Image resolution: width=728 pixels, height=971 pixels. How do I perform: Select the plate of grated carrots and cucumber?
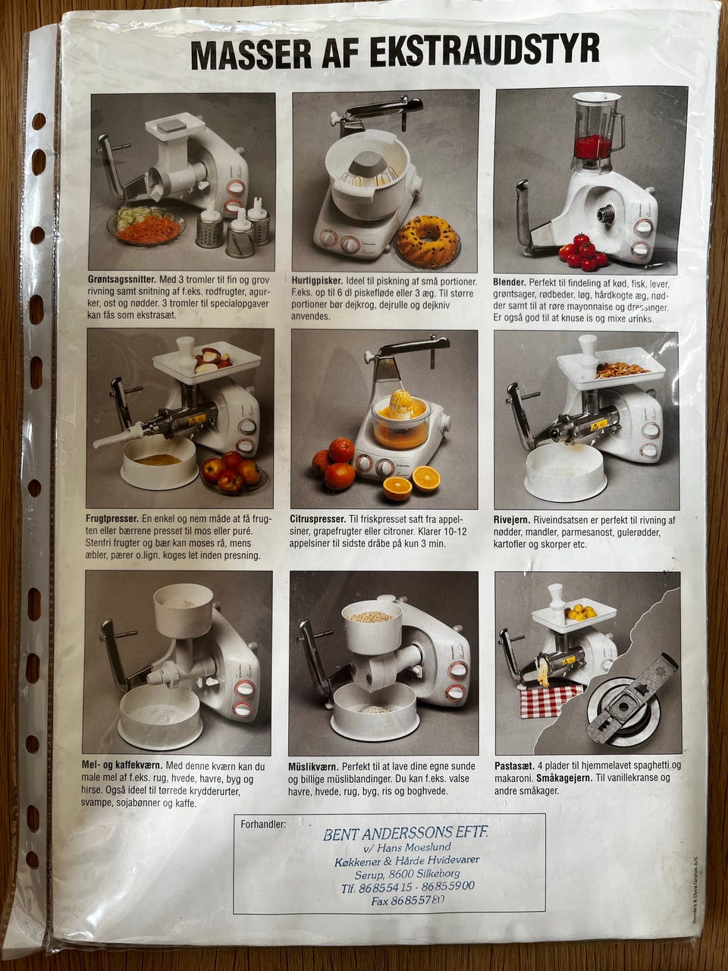[146, 225]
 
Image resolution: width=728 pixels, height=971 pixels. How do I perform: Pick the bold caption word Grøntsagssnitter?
[122, 280]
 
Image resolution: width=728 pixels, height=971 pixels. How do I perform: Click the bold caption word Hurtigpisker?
[317, 281]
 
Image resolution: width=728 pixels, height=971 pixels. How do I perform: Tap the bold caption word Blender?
[510, 282]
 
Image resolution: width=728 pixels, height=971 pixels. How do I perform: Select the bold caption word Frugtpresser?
[113, 518]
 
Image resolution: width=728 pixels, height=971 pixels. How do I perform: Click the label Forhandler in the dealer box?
[263, 824]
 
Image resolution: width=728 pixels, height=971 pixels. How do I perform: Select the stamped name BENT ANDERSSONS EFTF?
[406, 834]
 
